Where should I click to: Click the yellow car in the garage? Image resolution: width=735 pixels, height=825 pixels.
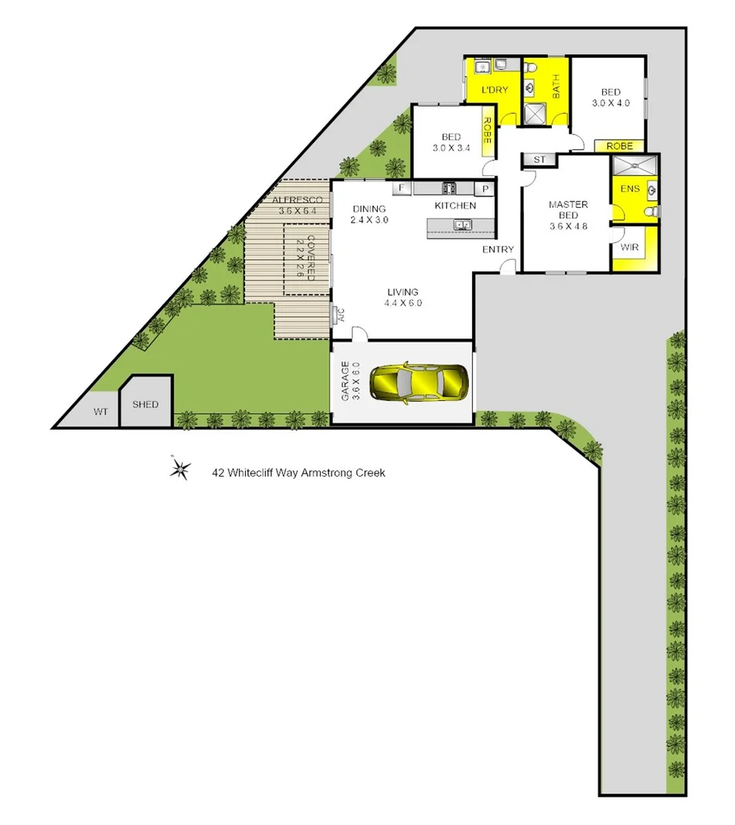[418, 382]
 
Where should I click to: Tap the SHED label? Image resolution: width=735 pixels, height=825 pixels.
[145, 404]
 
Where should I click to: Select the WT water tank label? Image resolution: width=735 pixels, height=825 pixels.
[100, 412]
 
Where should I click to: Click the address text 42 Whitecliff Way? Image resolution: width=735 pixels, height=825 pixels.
[298, 472]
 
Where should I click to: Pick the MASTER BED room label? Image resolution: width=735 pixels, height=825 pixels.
[568, 209]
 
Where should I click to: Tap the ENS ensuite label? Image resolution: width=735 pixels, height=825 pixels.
[630, 188]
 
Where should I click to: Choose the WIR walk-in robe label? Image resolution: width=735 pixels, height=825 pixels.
[628, 247]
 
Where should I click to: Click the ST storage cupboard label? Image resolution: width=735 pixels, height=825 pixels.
[539, 160]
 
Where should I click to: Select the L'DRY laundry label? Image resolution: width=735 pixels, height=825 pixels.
[495, 90]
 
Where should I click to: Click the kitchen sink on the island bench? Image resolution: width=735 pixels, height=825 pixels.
[463, 225]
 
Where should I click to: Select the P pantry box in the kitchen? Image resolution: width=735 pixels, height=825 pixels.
[486, 188]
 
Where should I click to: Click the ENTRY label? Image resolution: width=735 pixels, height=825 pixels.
[498, 250]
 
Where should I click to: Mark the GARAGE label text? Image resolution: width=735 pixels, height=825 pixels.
[345, 382]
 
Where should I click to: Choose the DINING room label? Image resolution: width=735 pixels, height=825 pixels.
[369, 209]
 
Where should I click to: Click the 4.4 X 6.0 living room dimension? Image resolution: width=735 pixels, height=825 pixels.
[402, 304]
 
